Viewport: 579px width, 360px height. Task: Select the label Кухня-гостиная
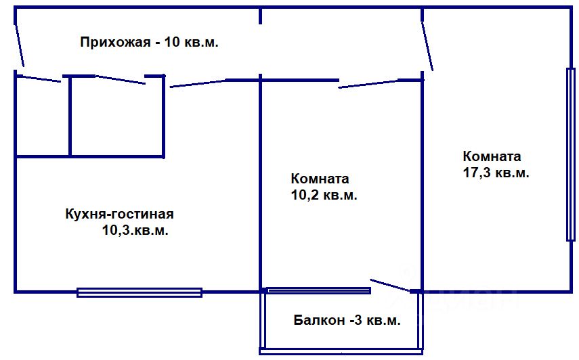point(119,215)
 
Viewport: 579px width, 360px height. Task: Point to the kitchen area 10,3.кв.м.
point(135,231)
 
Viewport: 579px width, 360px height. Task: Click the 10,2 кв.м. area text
point(324,196)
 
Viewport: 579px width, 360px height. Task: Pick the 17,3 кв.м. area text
point(495,173)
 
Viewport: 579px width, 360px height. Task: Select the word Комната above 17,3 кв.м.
point(492,156)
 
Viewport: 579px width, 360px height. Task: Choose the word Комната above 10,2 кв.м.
point(320,179)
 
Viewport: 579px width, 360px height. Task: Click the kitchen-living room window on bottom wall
point(140,292)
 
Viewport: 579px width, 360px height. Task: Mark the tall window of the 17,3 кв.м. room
point(570,154)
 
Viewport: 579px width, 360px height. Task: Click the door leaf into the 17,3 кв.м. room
point(428,45)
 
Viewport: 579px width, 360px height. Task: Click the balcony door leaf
point(390,286)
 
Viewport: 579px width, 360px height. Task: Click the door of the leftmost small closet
point(39,78)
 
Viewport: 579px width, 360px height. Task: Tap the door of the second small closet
point(121,81)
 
